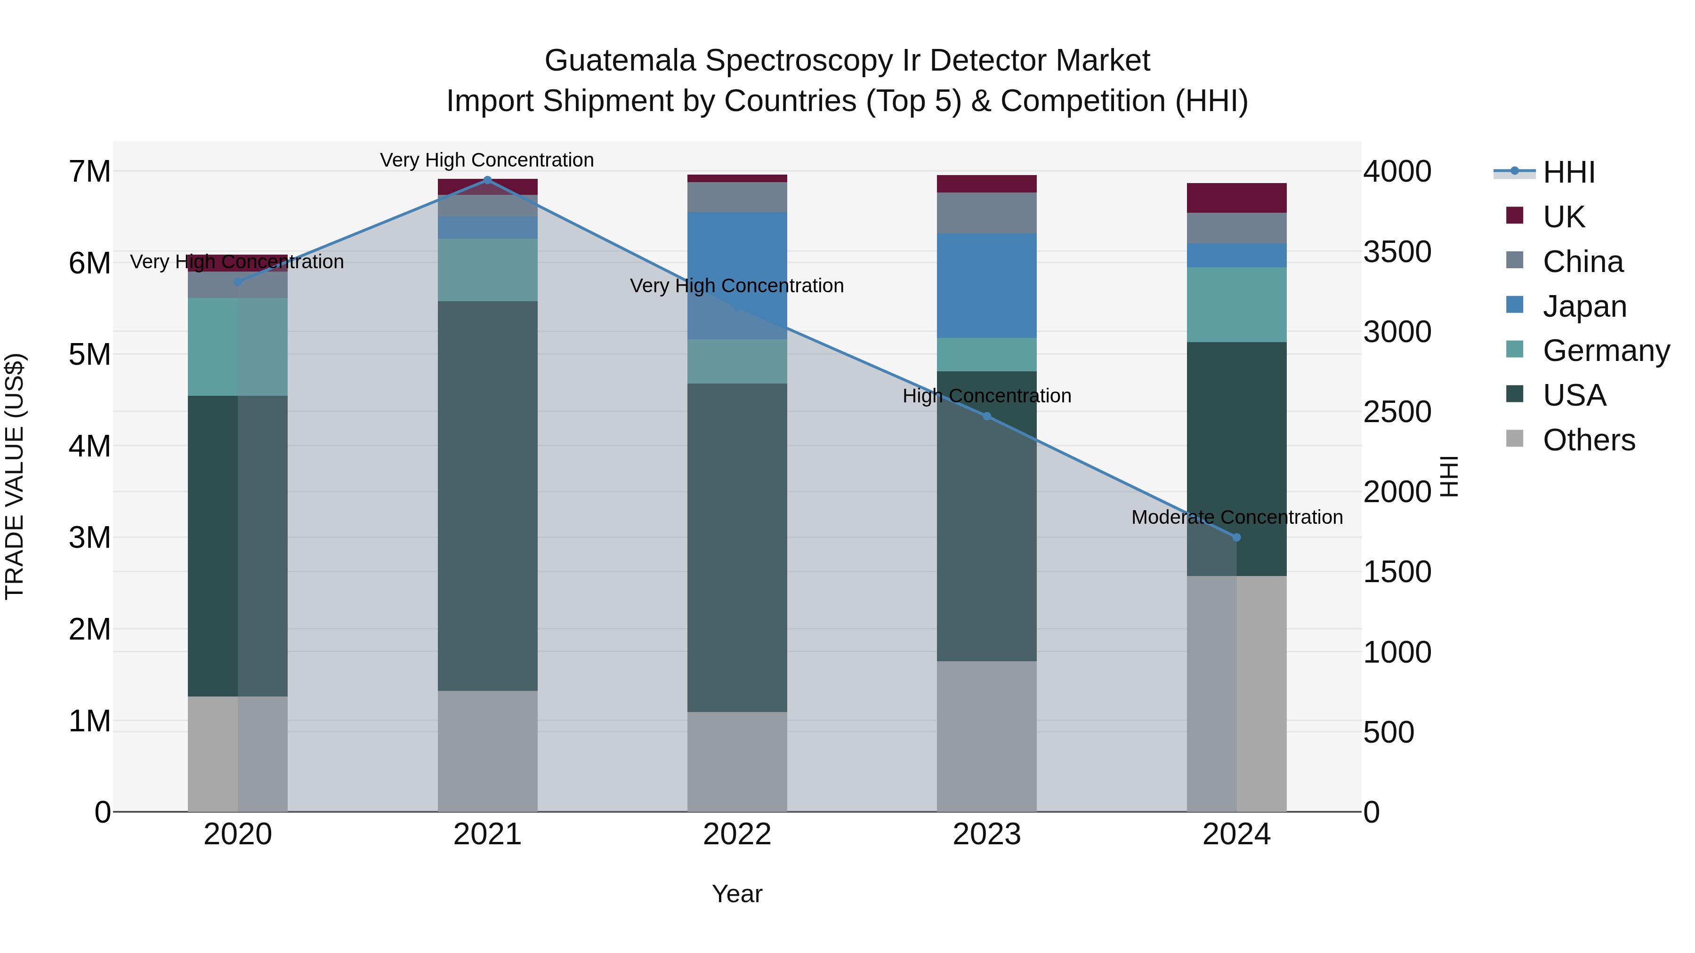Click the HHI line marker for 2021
coord(488,180)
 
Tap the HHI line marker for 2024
coord(1236,537)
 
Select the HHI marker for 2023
coord(986,416)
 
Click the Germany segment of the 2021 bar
coord(488,270)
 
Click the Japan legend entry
coord(1584,306)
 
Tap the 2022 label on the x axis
coord(737,834)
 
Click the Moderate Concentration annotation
coord(1236,518)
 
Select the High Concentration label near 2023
coord(986,396)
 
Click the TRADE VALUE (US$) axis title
coord(15,476)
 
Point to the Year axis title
coord(737,894)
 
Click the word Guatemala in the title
coord(620,61)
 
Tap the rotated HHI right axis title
coord(1449,476)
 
